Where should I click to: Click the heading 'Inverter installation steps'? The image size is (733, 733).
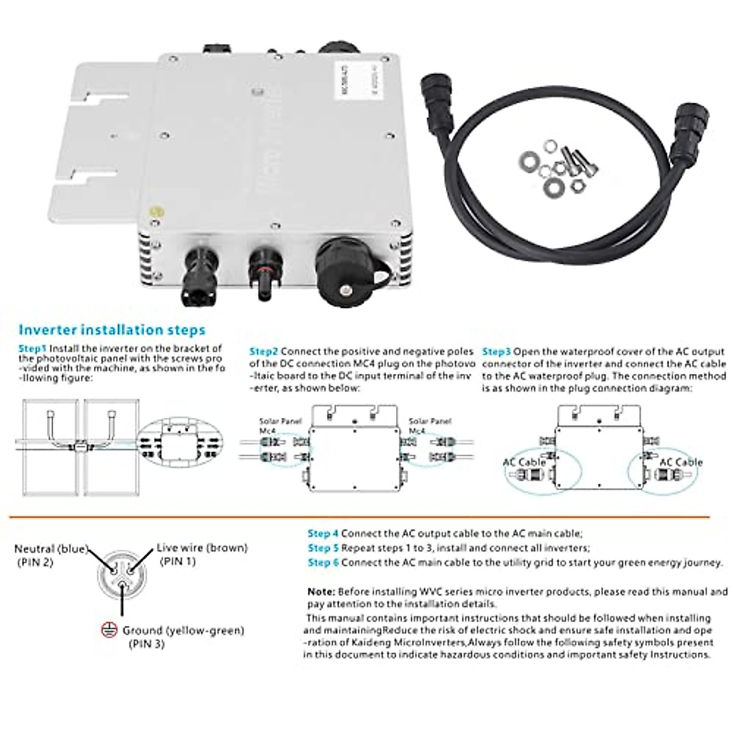tap(112, 330)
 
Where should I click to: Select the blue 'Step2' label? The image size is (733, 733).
tap(264, 352)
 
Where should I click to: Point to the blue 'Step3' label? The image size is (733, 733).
tap(496, 352)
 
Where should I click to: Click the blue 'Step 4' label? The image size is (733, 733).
tap(323, 534)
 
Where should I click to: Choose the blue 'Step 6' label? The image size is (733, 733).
tap(323, 563)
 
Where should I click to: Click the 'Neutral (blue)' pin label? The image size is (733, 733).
tap(51, 549)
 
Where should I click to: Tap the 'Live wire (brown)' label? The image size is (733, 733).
tap(202, 548)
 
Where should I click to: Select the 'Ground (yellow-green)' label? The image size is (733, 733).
tap(183, 630)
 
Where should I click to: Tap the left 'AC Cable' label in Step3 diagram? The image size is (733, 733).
tap(524, 462)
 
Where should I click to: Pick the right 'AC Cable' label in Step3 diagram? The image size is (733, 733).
tap(680, 462)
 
